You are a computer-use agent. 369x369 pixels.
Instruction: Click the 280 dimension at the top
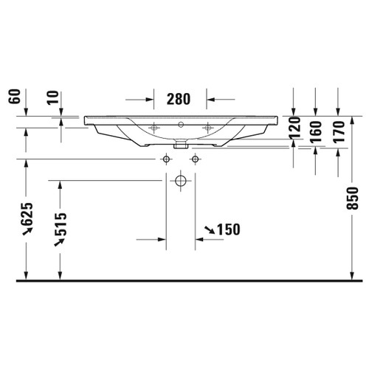click(179, 99)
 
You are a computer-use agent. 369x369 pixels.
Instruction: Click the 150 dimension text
click(230, 230)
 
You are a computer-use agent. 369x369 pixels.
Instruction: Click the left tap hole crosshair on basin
click(154, 126)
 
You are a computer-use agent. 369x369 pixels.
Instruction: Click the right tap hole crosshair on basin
click(208, 126)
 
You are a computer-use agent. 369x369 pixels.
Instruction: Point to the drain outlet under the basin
click(179, 145)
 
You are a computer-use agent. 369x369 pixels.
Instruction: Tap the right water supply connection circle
click(196, 159)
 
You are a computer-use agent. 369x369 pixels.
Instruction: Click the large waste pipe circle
click(180, 180)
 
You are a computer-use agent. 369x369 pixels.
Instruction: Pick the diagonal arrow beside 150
click(210, 231)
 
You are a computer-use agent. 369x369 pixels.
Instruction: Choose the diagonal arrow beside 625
click(28, 232)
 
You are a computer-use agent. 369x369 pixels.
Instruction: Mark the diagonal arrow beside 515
click(61, 241)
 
